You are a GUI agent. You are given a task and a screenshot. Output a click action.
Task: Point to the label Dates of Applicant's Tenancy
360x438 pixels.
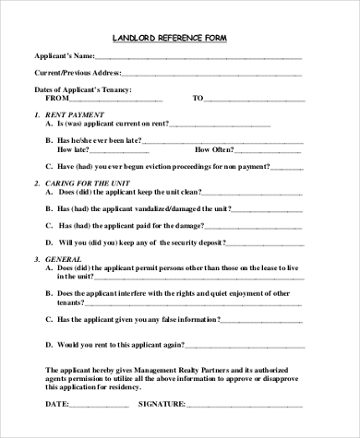[x=83, y=89]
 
